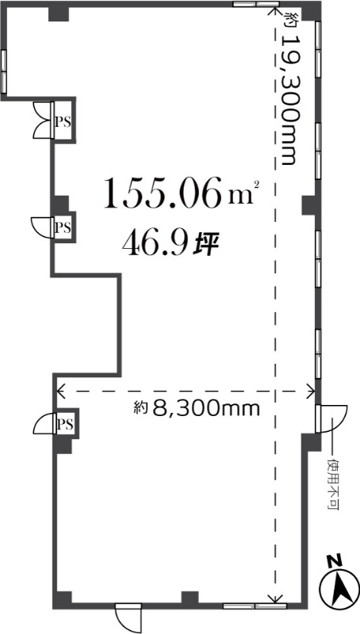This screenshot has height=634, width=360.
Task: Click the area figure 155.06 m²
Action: click(x=182, y=193)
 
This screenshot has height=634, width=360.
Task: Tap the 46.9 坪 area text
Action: click(x=170, y=245)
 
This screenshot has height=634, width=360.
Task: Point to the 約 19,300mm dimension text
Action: click(x=289, y=88)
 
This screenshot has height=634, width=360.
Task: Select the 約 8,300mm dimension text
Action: click(x=197, y=409)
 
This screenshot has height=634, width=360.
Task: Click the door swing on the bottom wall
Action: click(x=128, y=617)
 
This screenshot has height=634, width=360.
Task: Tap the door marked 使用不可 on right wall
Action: click(x=330, y=419)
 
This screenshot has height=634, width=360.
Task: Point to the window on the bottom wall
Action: click(x=255, y=605)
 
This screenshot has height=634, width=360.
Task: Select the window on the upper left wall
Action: click(x=4, y=71)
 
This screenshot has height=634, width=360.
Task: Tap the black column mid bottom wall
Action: click(x=190, y=598)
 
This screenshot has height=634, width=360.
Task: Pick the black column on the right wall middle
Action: click(x=309, y=205)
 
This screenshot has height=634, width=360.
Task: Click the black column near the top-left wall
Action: click(x=59, y=13)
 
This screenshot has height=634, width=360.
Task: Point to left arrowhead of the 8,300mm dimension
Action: click(x=61, y=391)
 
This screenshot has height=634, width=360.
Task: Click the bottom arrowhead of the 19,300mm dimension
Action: click(x=275, y=598)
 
